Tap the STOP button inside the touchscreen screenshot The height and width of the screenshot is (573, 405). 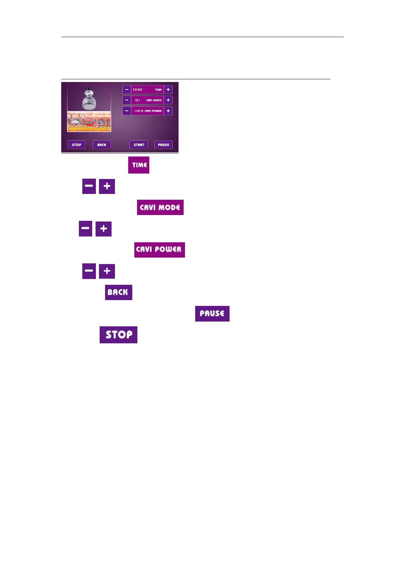click(77, 145)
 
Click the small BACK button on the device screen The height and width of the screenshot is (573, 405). click(102, 145)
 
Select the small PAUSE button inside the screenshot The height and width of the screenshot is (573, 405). click(164, 145)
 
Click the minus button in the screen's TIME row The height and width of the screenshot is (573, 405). click(126, 89)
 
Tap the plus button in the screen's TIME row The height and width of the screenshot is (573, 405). click(168, 89)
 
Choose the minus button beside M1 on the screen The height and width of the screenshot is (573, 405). click(126, 100)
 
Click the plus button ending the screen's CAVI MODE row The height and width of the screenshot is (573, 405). click(168, 100)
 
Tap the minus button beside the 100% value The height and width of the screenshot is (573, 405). click(126, 111)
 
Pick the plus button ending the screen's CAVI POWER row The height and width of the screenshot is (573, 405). click(168, 111)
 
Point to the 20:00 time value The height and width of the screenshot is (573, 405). click(137, 90)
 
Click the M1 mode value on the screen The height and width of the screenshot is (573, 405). click(137, 100)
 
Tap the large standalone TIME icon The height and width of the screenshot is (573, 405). click(139, 165)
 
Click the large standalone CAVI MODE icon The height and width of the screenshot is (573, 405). click(160, 208)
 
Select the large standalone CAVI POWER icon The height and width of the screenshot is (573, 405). click(159, 250)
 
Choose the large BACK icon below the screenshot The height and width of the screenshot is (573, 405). click(118, 292)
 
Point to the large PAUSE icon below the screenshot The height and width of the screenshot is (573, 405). click(212, 314)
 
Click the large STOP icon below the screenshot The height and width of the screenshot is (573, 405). click(118, 335)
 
